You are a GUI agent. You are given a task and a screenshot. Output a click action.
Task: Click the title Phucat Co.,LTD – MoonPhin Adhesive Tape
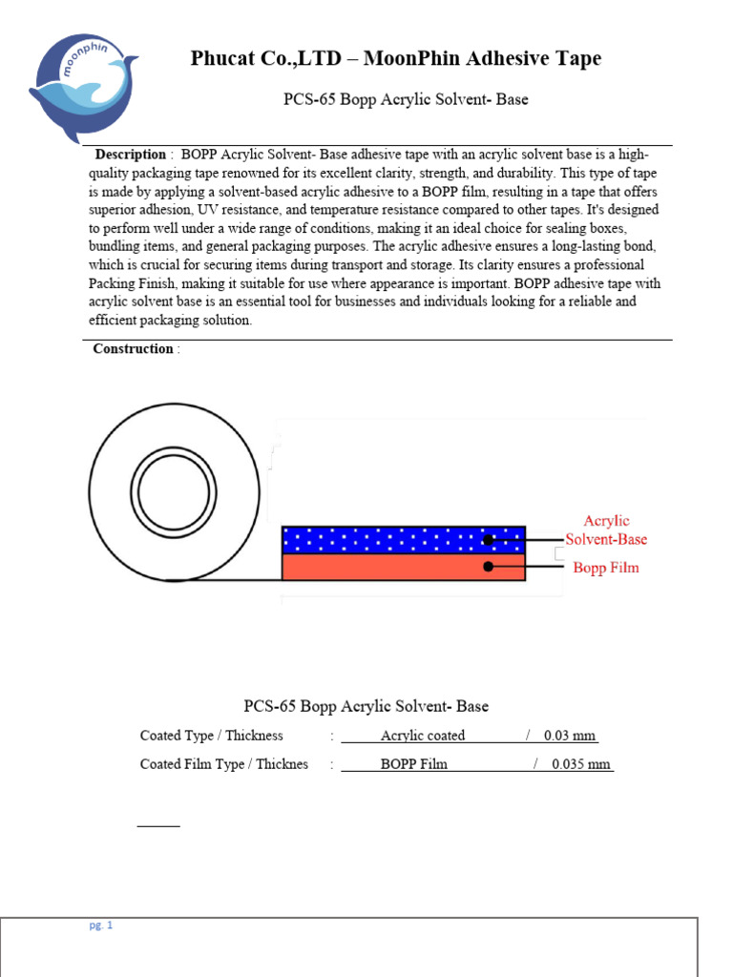396,59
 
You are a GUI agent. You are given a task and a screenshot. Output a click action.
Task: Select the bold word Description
130,155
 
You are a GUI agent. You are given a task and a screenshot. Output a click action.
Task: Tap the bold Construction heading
133,349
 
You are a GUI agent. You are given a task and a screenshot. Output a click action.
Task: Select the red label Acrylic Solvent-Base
606,530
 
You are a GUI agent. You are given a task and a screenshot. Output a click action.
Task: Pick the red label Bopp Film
605,568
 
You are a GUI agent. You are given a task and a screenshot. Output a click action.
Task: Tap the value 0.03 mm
570,736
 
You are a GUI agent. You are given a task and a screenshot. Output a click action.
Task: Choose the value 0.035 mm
581,764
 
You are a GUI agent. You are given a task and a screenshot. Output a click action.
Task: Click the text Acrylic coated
423,736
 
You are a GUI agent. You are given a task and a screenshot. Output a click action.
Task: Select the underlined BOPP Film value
413,764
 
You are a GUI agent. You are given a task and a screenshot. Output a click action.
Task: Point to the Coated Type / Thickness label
211,736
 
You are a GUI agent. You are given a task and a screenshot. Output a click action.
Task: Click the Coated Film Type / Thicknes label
223,764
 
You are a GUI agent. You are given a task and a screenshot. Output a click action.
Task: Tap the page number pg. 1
100,925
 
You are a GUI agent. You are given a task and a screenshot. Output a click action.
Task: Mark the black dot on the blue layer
488,540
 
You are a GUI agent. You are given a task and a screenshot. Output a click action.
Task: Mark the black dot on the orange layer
488,567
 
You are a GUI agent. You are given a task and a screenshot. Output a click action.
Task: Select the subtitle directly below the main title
406,99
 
